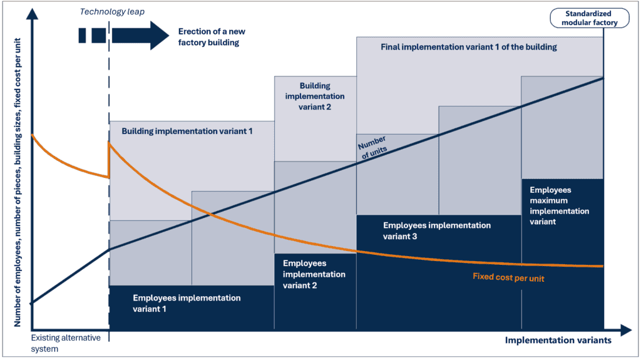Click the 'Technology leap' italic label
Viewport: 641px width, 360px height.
point(112,12)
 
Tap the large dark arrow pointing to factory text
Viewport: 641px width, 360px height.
point(140,36)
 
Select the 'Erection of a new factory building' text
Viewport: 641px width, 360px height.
point(212,37)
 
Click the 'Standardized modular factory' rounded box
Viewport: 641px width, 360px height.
point(590,18)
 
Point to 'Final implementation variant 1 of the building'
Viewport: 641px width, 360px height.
point(468,47)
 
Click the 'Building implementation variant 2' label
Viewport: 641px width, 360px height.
point(315,96)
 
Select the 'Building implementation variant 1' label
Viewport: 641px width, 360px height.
point(187,131)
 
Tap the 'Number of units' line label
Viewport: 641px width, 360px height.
point(372,148)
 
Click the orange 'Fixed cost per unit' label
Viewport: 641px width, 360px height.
point(508,277)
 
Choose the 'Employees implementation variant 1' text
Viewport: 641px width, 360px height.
point(187,303)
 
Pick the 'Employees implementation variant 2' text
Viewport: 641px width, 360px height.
point(314,274)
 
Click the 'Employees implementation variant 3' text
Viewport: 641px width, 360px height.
point(436,231)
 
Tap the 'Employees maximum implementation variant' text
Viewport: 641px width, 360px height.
point(559,206)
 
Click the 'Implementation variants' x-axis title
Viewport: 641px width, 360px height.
point(558,341)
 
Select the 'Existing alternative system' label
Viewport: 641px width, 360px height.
point(66,343)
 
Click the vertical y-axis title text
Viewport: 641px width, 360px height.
point(17,182)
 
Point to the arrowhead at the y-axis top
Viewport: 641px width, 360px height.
point(32,14)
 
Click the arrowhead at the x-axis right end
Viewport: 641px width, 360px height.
point(626,330)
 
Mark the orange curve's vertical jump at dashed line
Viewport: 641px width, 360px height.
point(109,160)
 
